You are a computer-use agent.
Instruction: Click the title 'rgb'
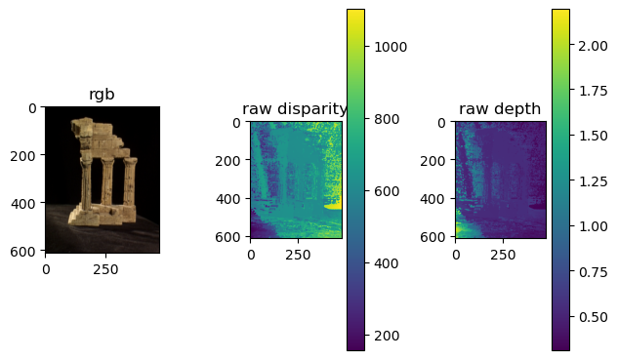[103, 95]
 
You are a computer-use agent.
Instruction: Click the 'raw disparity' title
[295, 109]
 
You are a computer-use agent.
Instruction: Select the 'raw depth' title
[500, 109]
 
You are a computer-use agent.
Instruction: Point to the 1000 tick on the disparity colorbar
[388, 46]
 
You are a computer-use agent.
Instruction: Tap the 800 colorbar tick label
[384, 118]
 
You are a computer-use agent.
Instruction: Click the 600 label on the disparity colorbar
[384, 191]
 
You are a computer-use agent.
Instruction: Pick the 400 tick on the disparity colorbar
[384, 263]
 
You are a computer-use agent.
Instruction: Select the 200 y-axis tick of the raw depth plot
[439, 161]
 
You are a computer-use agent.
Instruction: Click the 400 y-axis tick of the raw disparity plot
[234, 199]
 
